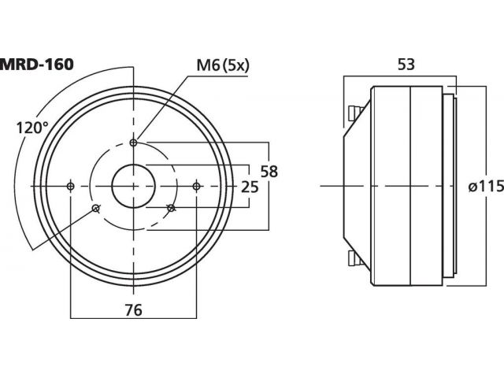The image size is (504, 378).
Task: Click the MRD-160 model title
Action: coord(37,65)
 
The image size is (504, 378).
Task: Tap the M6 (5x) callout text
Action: coord(223,65)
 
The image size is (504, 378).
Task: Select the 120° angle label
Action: coord(31,128)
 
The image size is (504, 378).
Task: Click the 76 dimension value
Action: coord(133,310)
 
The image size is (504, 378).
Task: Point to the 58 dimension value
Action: coord(269,172)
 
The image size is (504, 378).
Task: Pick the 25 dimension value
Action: coord(250,187)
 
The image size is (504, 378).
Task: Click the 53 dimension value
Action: coord(406,65)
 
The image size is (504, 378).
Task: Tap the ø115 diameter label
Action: coord(486,187)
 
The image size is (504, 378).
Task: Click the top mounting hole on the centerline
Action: coord(133,143)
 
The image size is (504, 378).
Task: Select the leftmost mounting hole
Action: coord(70,186)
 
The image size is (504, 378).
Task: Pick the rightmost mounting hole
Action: coord(196,186)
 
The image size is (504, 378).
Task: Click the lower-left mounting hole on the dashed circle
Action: coord(95,208)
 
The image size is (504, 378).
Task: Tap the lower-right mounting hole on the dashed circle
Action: coord(172,208)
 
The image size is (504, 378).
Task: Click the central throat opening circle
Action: coord(133,165)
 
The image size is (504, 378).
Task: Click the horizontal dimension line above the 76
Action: coord(133,318)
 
